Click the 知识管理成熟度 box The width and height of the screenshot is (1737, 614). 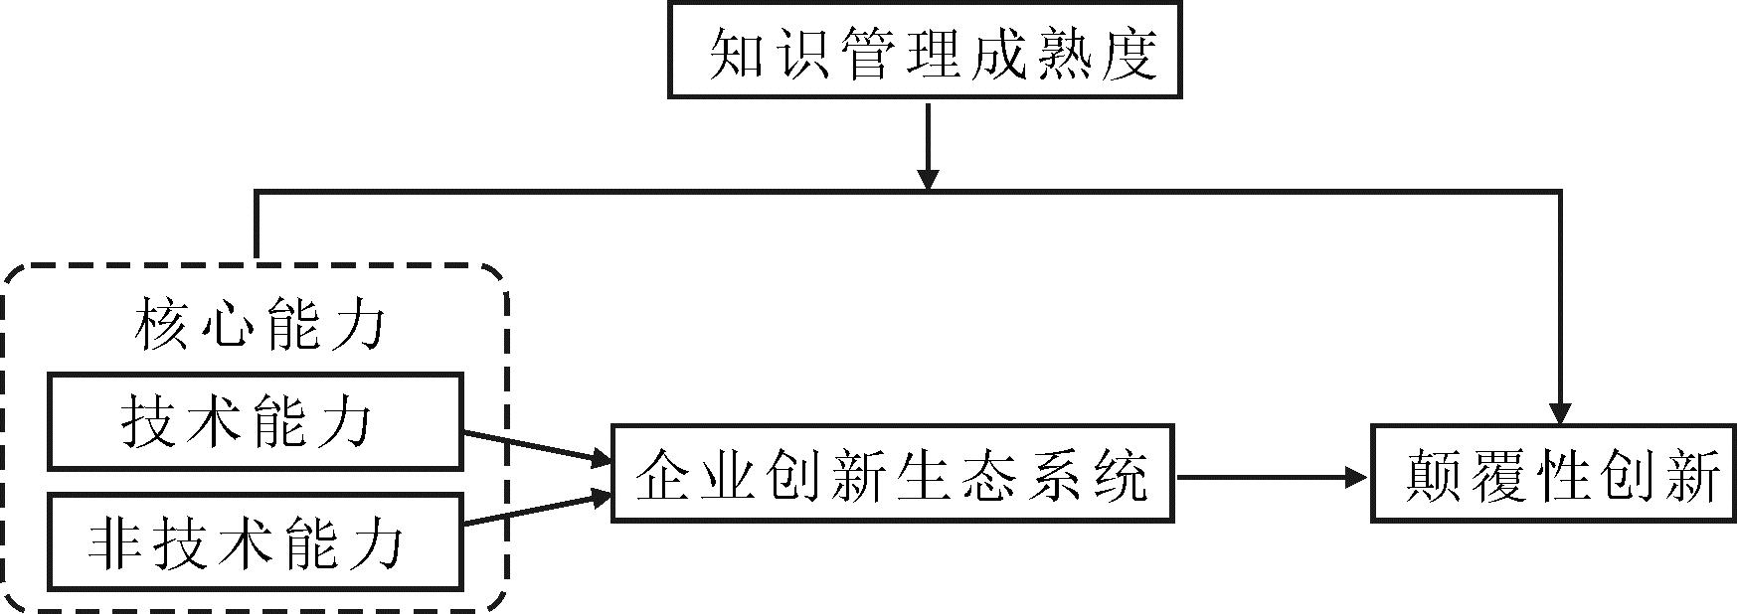pyautogui.click(x=925, y=50)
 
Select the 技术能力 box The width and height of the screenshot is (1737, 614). pyautogui.click(x=255, y=421)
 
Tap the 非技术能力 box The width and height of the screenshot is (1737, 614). pyautogui.click(x=255, y=542)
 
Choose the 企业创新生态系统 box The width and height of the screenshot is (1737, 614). pyautogui.click(x=892, y=474)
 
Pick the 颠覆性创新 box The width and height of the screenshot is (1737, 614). pyautogui.click(x=1554, y=474)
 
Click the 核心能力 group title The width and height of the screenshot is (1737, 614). pyautogui.click(x=259, y=325)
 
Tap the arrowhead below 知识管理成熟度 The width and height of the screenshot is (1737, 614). pyautogui.click(x=928, y=179)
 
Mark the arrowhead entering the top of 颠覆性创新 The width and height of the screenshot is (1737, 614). pyautogui.click(x=1560, y=413)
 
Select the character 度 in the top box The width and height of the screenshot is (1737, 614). pyautogui.click(x=1130, y=52)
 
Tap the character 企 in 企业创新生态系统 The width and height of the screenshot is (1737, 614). pyautogui.click(x=664, y=475)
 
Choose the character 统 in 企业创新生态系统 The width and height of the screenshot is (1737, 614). pyautogui.click(x=1120, y=475)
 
